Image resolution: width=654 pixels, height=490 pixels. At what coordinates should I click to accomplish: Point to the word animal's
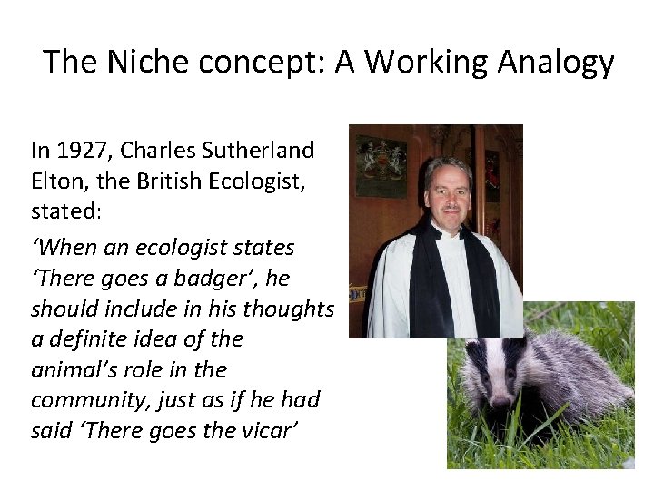72,370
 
